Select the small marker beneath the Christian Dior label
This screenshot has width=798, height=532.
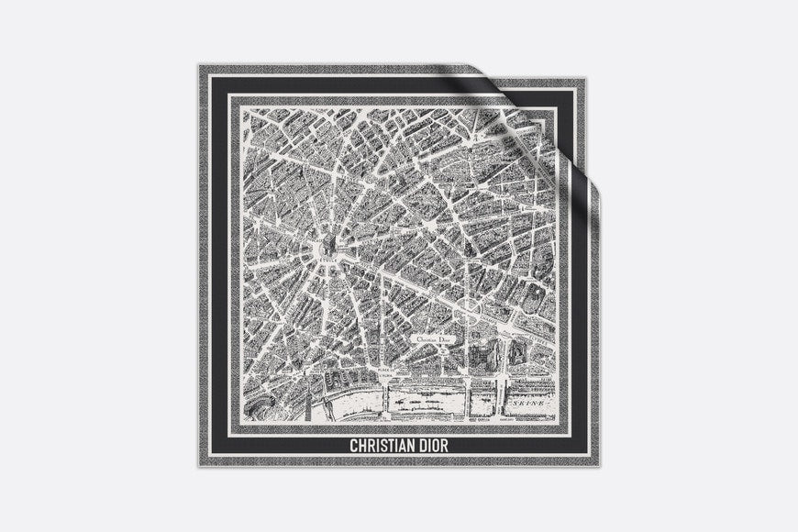(x=438, y=351)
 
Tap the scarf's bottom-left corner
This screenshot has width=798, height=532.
(x=198, y=466)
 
